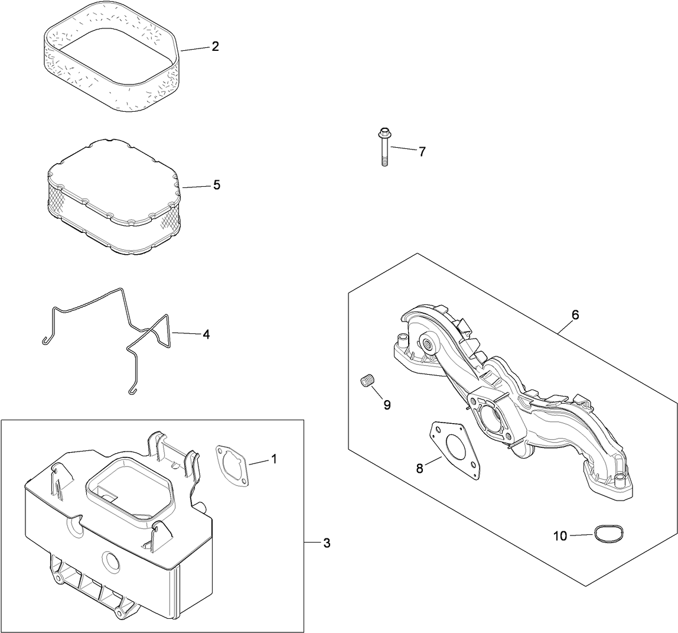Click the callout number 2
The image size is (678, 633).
[x=216, y=47]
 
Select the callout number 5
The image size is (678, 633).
[x=217, y=185]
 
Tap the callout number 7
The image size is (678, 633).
[x=422, y=152]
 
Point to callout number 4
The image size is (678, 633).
[x=206, y=335]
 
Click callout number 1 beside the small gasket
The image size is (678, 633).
[x=273, y=459]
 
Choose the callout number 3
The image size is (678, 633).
[x=327, y=543]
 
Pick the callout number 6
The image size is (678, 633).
[x=575, y=315]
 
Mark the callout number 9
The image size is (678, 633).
[x=387, y=405]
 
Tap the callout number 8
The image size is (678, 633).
[x=419, y=469]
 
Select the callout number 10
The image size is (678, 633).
[x=560, y=536]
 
